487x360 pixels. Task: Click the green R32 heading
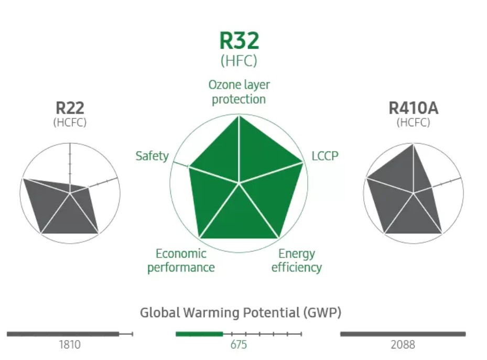click(239, 41)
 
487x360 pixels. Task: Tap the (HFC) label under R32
click(239, 60)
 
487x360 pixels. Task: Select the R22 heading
click(70, 108)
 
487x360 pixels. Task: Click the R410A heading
click(413, 108)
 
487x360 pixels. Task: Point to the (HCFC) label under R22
click(70, 123)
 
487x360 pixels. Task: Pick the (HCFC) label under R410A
click(413, 123)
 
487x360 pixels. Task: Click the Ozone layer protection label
click(239, 92)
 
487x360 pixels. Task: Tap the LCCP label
click(325, 156)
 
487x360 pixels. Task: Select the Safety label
click(152, 156)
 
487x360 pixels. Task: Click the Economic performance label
click(181, 260)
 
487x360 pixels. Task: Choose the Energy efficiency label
click(297, 260)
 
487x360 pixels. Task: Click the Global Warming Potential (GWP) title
click(241, 313)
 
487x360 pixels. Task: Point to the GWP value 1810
click(69, 344)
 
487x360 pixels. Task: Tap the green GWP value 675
click(239, 344)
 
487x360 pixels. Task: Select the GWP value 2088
click(403, 344)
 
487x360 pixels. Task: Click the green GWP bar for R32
click(199, 333)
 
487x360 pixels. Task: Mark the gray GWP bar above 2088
click(403, 333)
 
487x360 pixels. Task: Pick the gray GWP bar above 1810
click(63, 333)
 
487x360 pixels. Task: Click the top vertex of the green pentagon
click(239, 116)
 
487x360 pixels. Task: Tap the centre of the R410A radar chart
click(414, 193)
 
